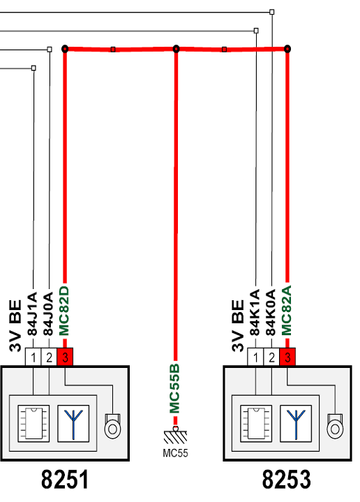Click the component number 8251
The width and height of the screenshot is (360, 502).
[65, 479]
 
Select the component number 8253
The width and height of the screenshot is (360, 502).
[287, 479]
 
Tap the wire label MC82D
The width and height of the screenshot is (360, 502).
[64, 311]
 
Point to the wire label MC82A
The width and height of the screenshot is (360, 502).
[287, 310]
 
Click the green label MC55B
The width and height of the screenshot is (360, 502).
[174, 388]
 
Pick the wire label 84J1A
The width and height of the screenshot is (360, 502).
[32, 313]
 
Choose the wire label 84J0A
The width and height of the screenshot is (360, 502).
[48, 313]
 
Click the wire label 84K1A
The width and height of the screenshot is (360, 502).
[255, 313]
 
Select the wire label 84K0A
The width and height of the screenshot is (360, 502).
[271, 313]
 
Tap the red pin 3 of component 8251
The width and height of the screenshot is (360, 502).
[65, 357]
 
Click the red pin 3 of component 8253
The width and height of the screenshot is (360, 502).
[287, 357]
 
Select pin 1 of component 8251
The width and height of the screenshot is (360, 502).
[33, 357]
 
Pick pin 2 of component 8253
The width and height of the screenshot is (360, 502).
[271, 357]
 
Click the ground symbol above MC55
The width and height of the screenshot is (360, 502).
[175, 436]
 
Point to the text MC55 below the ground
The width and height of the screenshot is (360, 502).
[175, 453]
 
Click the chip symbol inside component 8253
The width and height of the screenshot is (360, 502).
[255, 424]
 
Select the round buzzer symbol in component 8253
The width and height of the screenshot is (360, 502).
[335, 427]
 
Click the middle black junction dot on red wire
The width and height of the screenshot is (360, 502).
[176, 49]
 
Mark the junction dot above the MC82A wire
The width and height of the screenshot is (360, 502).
[287, 49]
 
